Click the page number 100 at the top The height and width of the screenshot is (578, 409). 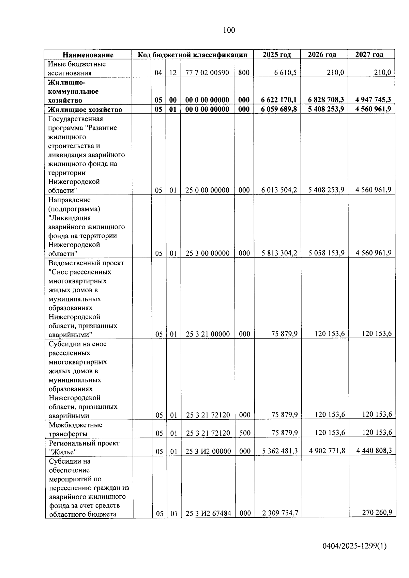coord(229,31)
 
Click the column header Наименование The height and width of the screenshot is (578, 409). coord(88,55)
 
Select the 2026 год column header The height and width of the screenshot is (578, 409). coord(322,54)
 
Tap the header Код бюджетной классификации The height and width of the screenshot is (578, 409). coord(192,55)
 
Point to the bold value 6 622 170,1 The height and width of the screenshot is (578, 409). coord(279,100)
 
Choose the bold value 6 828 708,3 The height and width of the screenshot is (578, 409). coord(326,100)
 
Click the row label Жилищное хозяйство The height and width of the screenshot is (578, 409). coord(85,109)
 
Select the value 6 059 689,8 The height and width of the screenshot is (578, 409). coord(279,109)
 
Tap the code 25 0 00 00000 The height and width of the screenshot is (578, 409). coord(207,190)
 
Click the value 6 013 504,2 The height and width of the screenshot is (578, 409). coord(279,190)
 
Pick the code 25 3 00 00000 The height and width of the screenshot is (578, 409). coord(207,253)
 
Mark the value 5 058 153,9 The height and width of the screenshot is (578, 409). coord(327,253)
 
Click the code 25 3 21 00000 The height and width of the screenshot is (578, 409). coord(208,334)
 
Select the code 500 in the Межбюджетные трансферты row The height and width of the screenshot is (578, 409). coord(244,433)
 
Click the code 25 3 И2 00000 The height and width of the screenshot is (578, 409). coord(208,451)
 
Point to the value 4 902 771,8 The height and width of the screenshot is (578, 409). coord(327,451)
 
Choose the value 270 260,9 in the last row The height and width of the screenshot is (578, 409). coord(377,512)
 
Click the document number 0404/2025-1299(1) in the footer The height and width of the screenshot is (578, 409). coord(354,546)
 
